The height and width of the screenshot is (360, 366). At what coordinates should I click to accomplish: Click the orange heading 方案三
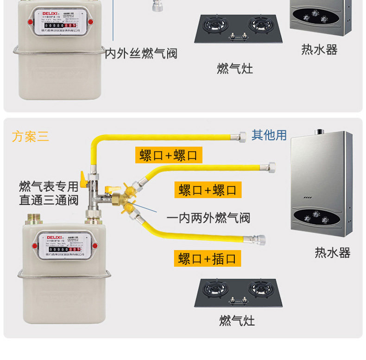pos(31,137)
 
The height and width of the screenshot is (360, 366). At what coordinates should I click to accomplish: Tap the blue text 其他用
pos(269,135)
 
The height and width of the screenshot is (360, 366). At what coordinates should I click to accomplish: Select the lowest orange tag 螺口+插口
pos(208,258)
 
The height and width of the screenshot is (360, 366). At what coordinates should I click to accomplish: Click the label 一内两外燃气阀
pos(208,218)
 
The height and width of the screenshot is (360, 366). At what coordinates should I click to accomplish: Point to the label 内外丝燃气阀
pos(141,53)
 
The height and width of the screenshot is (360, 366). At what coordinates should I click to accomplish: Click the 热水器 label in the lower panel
pos(332,253)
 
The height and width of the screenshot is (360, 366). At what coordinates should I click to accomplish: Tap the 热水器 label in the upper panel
pos(319,50)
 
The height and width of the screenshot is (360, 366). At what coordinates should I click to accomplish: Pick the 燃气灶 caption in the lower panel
pos(237,320)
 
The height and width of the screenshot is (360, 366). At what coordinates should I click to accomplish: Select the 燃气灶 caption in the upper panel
pos(235,69)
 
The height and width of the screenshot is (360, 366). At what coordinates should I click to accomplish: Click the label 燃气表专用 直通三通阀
pos(49,193)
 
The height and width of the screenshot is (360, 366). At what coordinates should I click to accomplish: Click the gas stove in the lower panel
pos(237,293)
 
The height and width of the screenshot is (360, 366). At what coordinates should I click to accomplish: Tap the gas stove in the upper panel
pos(241,29)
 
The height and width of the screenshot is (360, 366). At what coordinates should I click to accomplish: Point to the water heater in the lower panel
pos(321,183)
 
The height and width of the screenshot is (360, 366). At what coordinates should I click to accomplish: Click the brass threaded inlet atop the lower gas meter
pos(34,218)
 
